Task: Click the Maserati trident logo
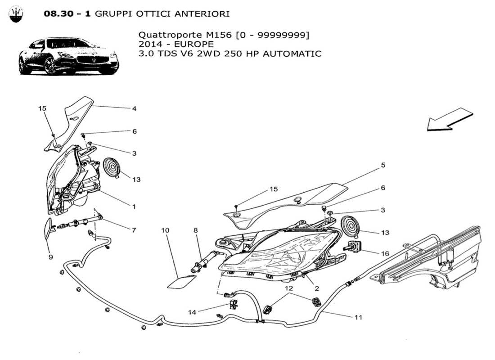tap(16, 13)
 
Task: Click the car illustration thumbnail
tap(68, 57)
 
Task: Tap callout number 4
tap(134, 108)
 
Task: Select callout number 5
tap(383, 165)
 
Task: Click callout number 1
tap(134, 207)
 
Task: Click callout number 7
tap(134, 230)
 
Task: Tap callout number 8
tap(196, 230)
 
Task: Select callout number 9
tap(50, 257)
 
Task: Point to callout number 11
tap(358, 317)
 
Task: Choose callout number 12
tap(288, 288)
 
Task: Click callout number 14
tap(192, 312)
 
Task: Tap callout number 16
tap(385, 253)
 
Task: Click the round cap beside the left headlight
tap(111, 167)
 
